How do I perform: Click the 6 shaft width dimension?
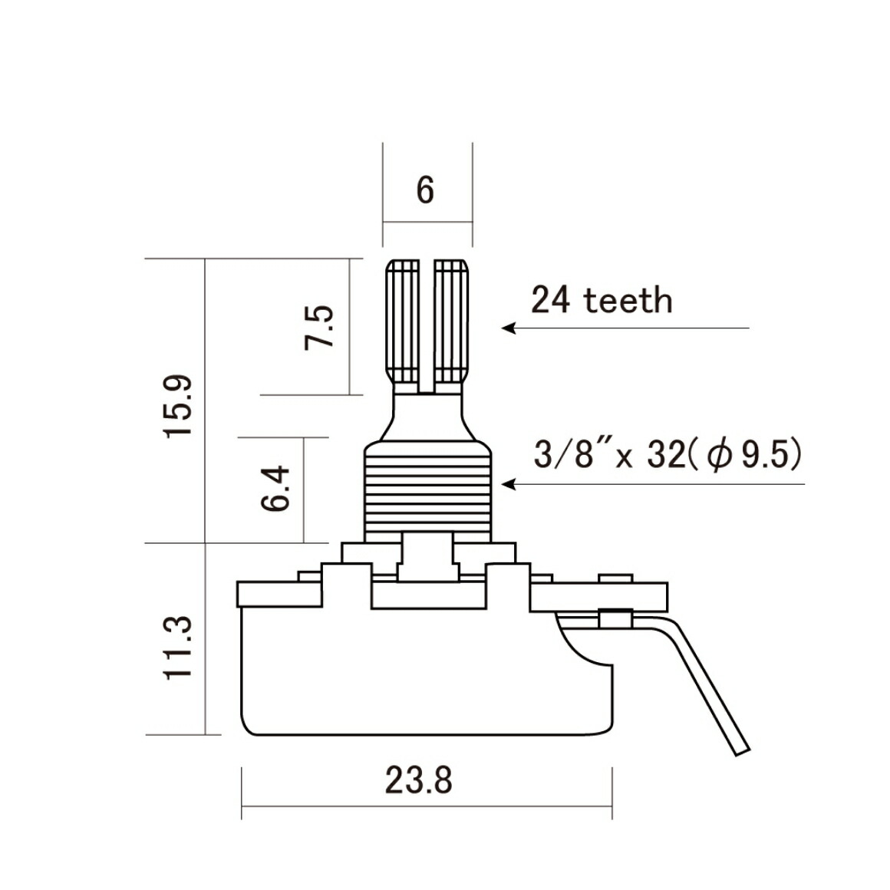pos(425,190)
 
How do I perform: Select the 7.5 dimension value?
pos(319,328)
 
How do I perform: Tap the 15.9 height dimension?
pos(178,405)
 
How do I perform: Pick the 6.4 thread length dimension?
pos(275,488)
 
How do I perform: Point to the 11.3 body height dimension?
pos(178,647)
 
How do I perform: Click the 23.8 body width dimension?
pos(419,780)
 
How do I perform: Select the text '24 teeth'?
pos(602,300)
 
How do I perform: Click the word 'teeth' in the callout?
pos(628,300)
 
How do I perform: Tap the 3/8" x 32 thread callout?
pos(610,455)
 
